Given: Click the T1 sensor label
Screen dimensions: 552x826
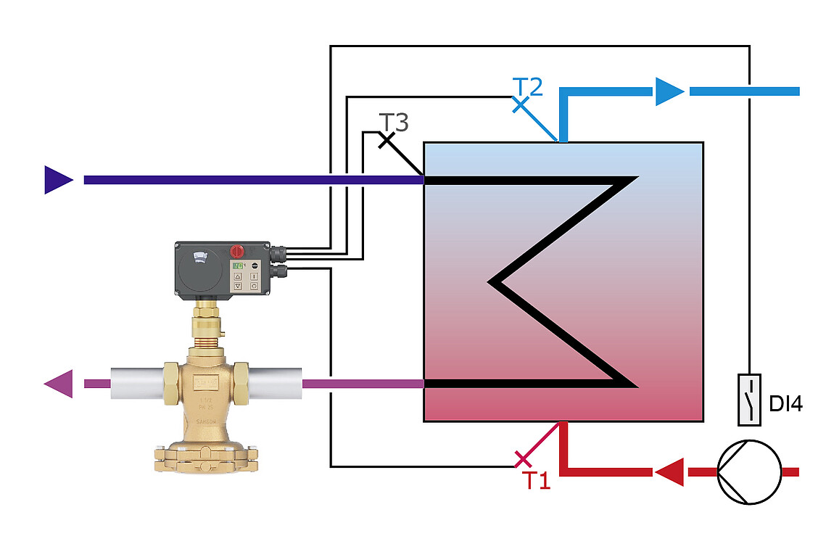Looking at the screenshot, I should tap(537, 479).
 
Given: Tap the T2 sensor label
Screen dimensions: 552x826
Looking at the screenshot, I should tap(528, 87).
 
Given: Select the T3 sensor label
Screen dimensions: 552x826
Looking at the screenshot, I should tap(394, 122).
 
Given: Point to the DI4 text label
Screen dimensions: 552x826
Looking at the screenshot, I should tap(785, 404).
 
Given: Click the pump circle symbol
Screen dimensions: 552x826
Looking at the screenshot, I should tap(749, 471).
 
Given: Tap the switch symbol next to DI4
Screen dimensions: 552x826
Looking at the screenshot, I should tap(749, 399).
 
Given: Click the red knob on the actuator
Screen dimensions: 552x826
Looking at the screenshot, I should tap(236, 251).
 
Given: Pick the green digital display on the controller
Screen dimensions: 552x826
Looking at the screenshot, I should tap(237, 266).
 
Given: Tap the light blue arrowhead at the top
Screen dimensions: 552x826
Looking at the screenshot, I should tap(669, 91).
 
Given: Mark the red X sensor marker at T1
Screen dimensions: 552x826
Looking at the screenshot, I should tap(522, 458).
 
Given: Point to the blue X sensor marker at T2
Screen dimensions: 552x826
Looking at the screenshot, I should tap(521, 105).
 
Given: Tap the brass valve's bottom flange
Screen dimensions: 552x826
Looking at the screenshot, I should tap(206, 456).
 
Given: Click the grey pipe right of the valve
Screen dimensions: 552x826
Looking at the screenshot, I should tap(276, 383).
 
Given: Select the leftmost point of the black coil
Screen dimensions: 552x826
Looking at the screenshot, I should tap(491, 281).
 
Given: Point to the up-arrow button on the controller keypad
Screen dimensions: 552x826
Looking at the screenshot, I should tap(238, 276).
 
